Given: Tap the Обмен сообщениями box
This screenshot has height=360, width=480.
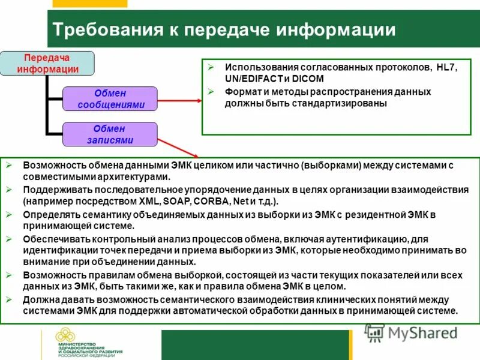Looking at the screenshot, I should (x=110, y=98).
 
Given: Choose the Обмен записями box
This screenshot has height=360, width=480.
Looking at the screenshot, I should (x=110, y=134).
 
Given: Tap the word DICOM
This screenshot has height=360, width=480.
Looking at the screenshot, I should (x=308, y=79).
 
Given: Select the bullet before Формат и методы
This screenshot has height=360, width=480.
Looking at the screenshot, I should (x=211, y=92).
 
